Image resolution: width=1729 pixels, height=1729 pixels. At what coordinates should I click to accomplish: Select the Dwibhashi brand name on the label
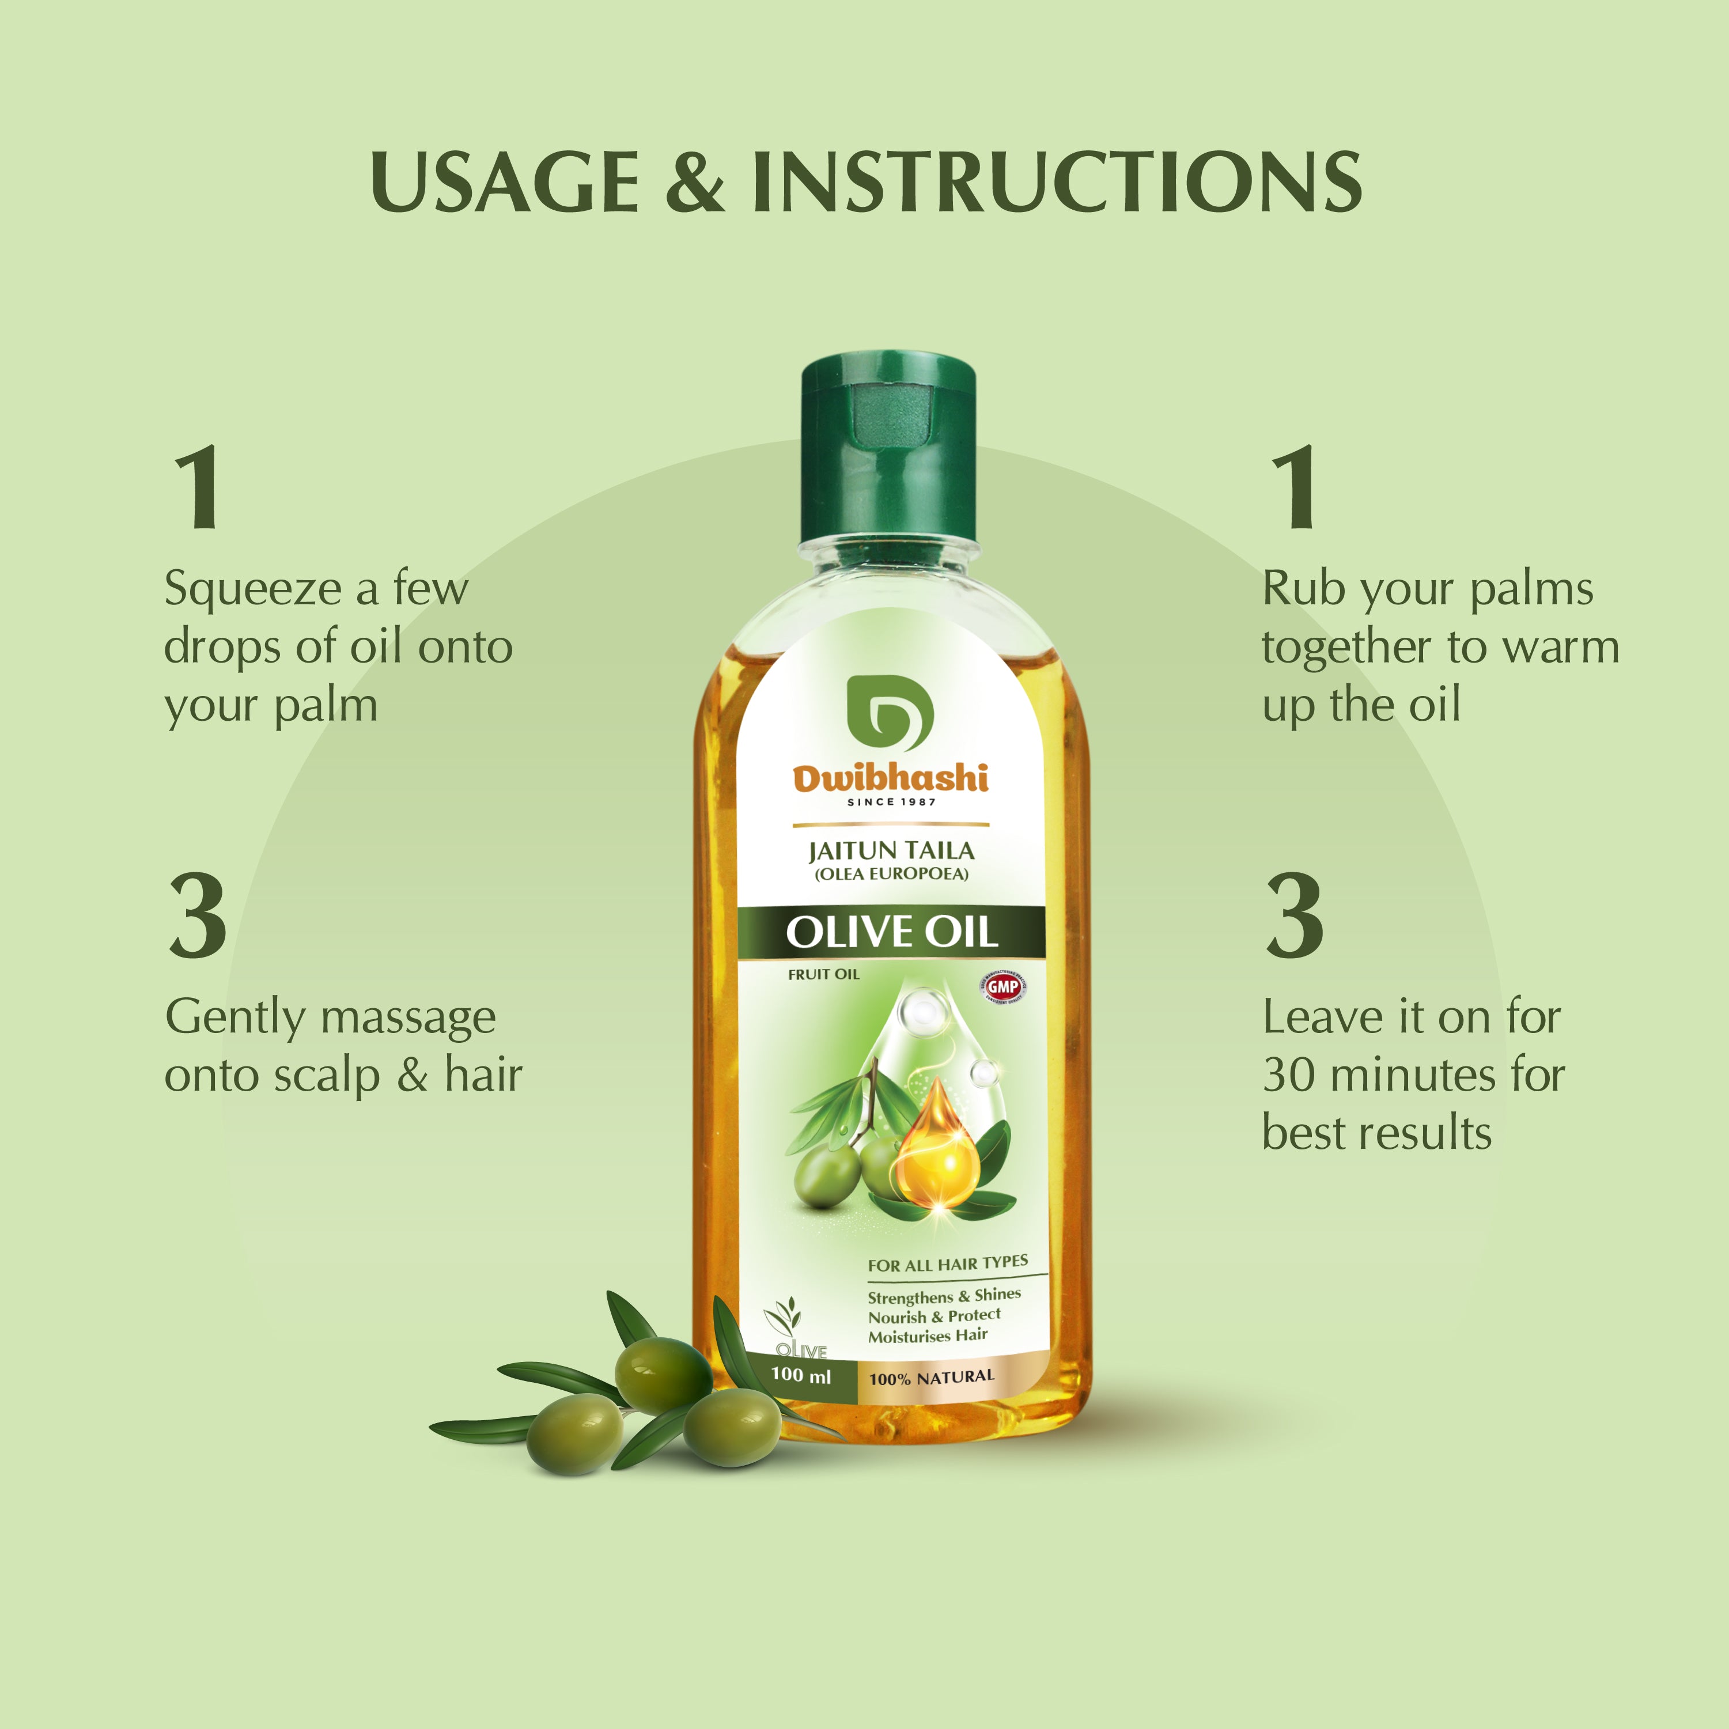pos(891,778)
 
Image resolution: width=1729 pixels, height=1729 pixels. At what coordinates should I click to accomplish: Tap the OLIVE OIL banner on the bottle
pos(891,933)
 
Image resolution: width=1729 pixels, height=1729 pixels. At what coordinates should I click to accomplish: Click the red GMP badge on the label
pos(1002,986)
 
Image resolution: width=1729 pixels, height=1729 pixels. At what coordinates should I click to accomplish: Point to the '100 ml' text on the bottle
pos(801,1375)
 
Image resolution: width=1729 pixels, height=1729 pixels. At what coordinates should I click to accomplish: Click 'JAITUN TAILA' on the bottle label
pos(891,850)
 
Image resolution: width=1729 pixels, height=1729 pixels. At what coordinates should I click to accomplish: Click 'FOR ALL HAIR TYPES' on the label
pos(947,1263)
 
